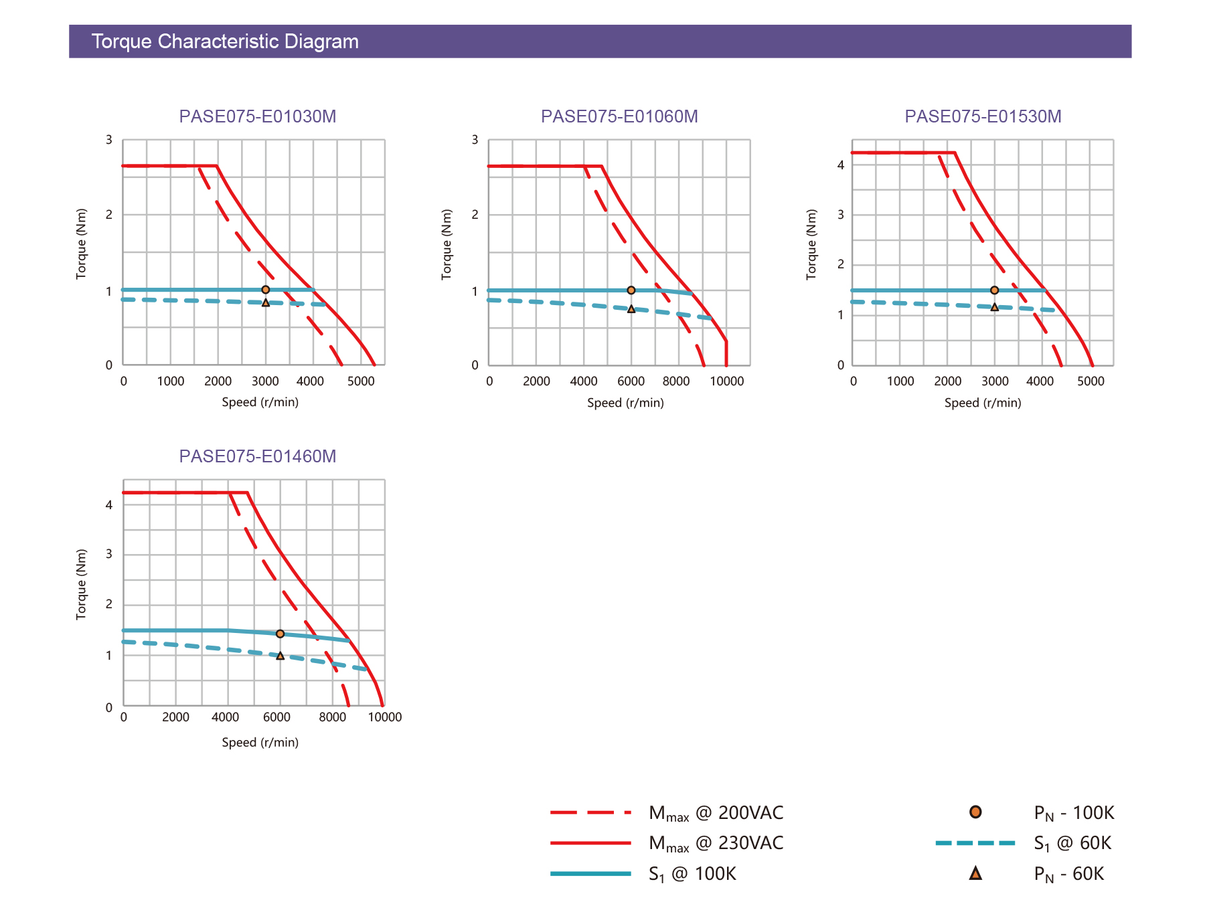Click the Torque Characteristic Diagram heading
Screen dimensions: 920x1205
225,41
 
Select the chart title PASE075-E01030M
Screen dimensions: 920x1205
258,116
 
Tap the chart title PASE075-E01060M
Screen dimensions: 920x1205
619,116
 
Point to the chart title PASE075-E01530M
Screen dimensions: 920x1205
983,116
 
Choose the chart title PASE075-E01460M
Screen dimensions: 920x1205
258,456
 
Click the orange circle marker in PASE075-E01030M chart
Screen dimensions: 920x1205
266,290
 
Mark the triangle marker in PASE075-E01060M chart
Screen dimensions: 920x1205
631,309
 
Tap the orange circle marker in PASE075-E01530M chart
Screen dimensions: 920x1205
994,290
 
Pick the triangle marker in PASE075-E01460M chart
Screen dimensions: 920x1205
280,656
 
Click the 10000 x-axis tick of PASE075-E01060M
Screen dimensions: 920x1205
726,381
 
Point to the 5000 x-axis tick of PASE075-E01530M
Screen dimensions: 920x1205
1091,381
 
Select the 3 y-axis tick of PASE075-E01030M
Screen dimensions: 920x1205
109,140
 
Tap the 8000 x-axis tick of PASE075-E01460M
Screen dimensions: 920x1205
333,717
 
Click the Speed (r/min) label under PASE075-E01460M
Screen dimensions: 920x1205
260,743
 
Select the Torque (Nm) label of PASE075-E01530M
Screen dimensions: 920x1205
811,244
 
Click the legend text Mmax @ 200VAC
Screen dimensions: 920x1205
716,813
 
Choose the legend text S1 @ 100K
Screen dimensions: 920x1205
692,874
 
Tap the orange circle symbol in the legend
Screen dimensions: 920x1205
975,812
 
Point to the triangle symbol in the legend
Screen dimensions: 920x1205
975,873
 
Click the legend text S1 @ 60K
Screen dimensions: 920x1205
1072,843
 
